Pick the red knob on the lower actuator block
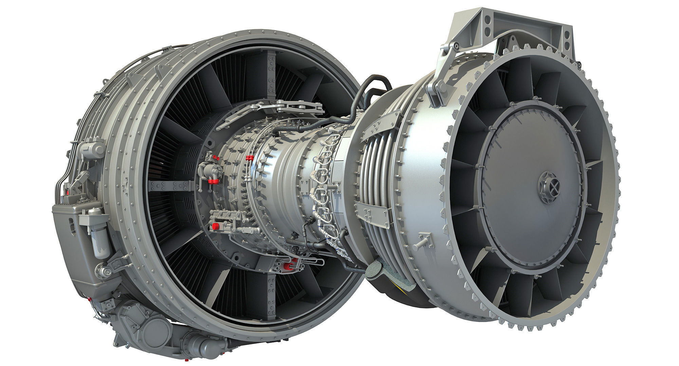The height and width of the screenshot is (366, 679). click(x=215, y=226)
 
